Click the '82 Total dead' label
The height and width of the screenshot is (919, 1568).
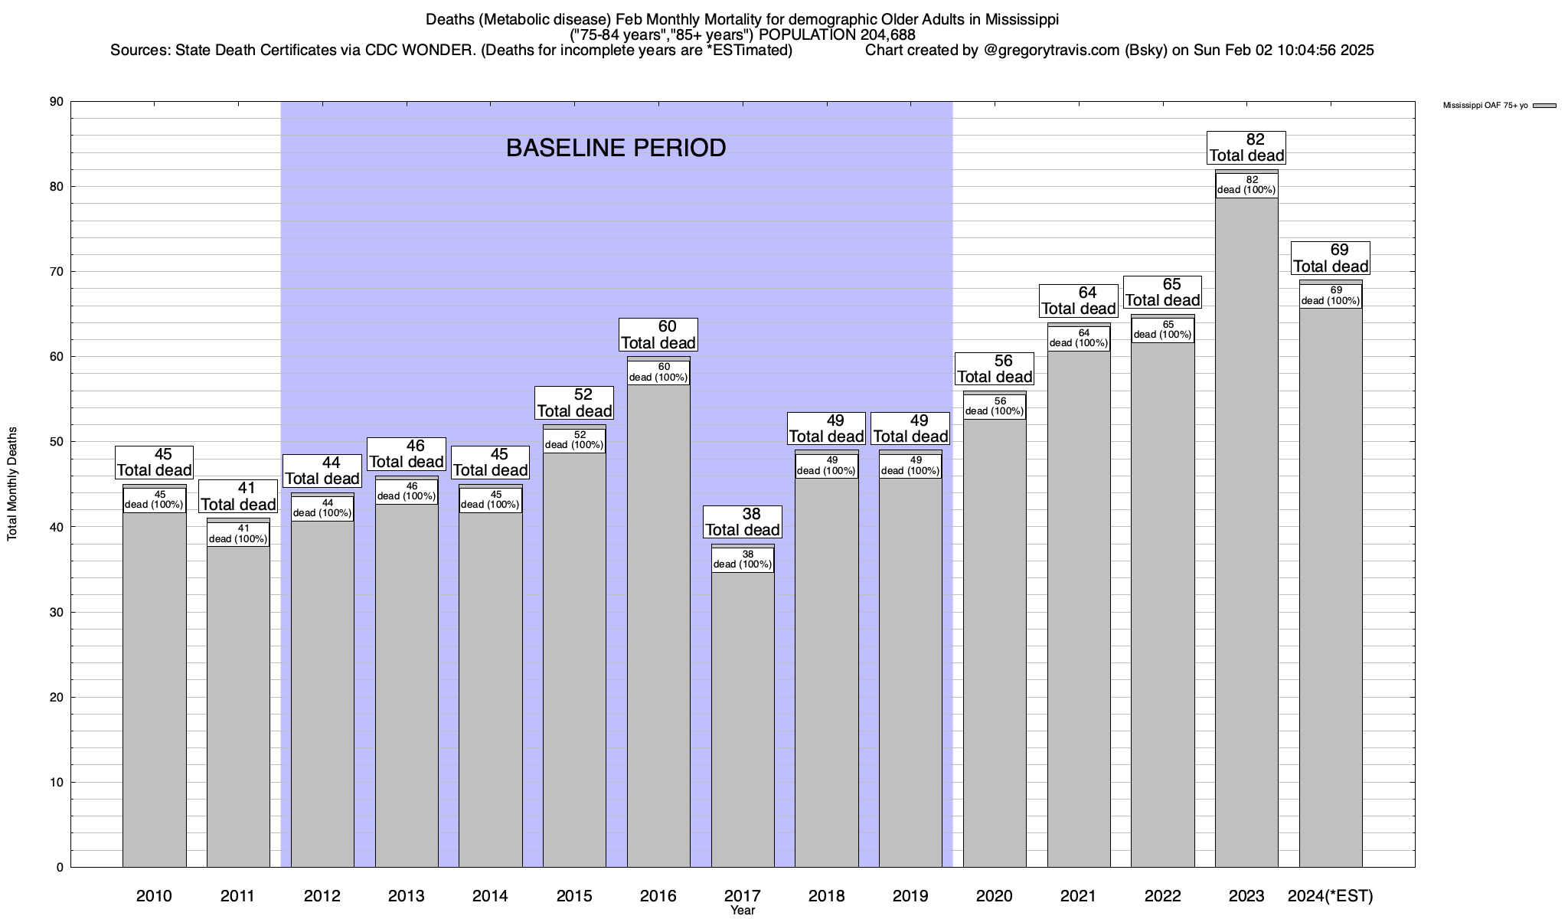pyautogui.click(x=1246, y=148)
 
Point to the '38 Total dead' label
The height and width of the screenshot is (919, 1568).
pyautogui.click(x=743, y=522)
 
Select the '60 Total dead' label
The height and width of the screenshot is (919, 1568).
pyautogui.click(x=658, y=335)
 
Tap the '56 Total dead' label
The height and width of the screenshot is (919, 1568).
pyautogui.click(x=995, y=368)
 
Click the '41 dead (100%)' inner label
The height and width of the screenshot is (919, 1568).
pyautogui.click(x=238, y=534)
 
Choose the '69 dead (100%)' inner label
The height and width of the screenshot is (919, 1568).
pyautogui.click(x=1331, y=296)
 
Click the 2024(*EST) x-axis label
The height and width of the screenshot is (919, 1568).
pyautogui.click(x=1331, y=896)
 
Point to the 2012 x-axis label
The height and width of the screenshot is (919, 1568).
pyautogui.click(x=322, y=896)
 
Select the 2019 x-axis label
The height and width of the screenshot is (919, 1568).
pyautogui.click(x=910, y=896)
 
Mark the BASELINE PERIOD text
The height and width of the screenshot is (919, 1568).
pyautogui.click(x=616, y=148)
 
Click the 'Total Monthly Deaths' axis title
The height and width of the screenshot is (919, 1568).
pyautogui.click(x=12, y=484)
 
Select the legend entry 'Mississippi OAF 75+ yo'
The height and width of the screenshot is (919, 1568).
pyautogui.click(x=1485, y=106)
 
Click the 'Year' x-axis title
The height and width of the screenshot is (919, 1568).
pyautogui.click(x=743, y=911)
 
